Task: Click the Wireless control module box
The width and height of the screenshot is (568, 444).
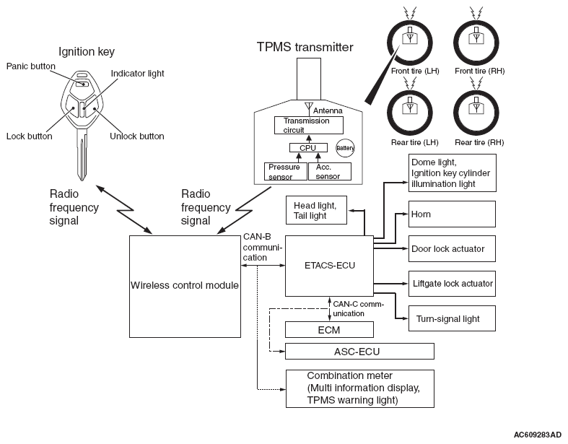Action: coord(184,285)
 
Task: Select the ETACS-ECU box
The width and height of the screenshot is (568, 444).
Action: coord(330,266)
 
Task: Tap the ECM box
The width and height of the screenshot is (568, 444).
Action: coord(329,329)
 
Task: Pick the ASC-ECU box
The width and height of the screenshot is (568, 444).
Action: coord(359,352)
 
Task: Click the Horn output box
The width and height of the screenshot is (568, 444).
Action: coord(453,214)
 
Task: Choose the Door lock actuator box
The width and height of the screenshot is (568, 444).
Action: coord(453,249)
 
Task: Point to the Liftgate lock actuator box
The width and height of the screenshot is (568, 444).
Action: coord(453,284)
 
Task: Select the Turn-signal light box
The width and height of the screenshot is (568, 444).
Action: coord(453,318)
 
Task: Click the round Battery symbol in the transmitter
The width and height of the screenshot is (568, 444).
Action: coord(345,147)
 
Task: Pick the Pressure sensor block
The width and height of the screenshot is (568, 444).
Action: coord(284,171)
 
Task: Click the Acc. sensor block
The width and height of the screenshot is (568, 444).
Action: coord(330,171)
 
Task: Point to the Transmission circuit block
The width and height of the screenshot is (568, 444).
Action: coord(307,125)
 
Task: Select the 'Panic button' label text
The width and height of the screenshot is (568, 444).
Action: coord(31,66)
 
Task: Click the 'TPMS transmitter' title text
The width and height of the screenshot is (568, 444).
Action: coord(305,48)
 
